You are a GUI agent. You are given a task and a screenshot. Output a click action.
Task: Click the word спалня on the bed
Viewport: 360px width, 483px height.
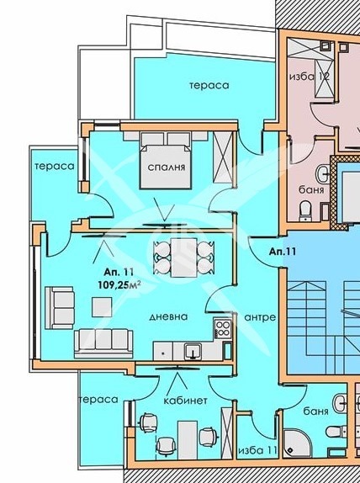pyautogui.click(x=167, y=167)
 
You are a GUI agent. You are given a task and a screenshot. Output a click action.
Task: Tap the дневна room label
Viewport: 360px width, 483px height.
pyautogui.click(x=168, y=316)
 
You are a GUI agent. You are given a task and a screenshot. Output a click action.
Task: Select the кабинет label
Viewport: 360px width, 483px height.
pyautogui.click(x=185, y=401)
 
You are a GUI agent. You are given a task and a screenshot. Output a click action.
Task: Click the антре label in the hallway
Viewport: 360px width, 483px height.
pyautogui.click(x=260, y=317)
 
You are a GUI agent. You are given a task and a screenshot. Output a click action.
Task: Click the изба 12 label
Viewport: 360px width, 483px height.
pyautogui.click(x=310, y=77)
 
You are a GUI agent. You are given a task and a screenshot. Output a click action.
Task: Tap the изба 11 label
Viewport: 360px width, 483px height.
pyautogui.click(x=258, y=450)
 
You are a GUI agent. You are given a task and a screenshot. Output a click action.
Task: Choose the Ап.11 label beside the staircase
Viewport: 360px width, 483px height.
pyautogui.click(x=283, y=252)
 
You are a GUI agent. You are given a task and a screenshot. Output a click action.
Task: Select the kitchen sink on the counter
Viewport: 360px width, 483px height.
pyautogui.click(x=193, y=352)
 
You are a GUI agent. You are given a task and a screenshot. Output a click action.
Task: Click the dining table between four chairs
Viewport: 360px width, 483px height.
pyautogui.click(x=184, y=257)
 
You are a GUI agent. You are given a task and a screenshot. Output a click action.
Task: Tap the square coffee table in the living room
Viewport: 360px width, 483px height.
pyautogui.click(x=102, y=307)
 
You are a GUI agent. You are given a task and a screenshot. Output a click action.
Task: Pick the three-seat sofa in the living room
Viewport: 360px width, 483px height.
pyautogui.click(x=103, y=344)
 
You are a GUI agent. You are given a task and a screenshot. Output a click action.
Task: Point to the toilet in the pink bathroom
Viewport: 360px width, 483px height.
pyautogui.click(x=306, y=210)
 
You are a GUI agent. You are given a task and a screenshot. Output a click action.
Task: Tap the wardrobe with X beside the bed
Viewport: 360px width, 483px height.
pyautogui.click(x=223, y=158)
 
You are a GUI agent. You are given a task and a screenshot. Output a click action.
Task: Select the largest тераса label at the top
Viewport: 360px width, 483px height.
pyautogui.click(x=209, y=85)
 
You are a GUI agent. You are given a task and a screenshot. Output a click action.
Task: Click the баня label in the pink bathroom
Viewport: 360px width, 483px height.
pyautogui.click(x=311, y=190)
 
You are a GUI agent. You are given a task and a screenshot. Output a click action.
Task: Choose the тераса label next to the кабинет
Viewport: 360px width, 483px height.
pyautogui.click(x=98, y=400)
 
